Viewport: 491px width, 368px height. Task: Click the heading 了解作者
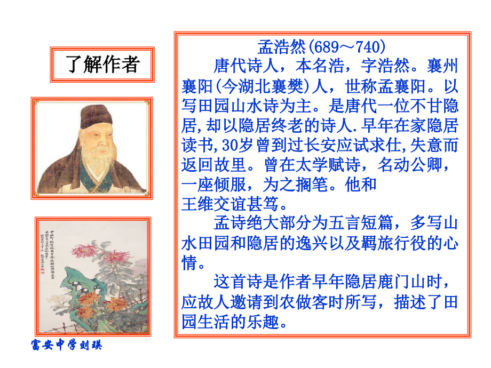point(102,64)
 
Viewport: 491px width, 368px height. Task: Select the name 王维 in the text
point(197,203)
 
